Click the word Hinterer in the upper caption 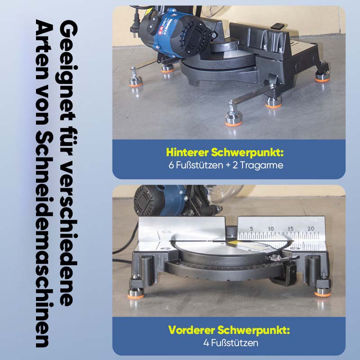187,152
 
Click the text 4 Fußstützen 230,343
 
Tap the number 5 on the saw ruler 252,229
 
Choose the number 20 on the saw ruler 311,229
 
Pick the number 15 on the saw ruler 290,229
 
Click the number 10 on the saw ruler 271,229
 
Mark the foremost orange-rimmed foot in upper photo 233,119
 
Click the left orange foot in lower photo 136,293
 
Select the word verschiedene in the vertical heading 68,232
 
